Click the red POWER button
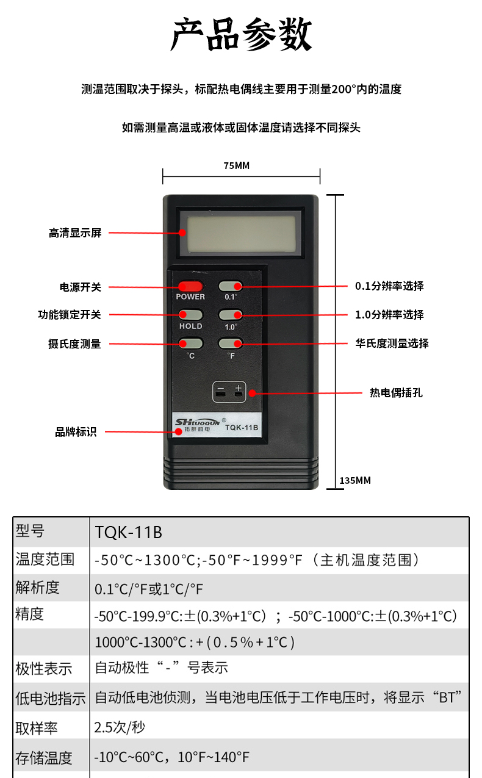click(190, 287)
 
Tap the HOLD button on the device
click(190, 315)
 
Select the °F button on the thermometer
click(230, 344)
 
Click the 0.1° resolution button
click(230, 286)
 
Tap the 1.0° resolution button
click(230, 315)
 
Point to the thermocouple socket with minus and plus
click(229, 392)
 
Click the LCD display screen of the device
click(241, 233)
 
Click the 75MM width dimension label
click(237, 166)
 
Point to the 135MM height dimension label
click(355, 480)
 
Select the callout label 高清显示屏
click(75, 233)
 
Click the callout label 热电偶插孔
click(396, 393)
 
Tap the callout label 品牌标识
click(76, 432)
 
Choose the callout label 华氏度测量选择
click(392, 344)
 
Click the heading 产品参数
click(241, 34)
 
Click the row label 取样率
click(37, 728)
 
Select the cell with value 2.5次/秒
click(120, 727)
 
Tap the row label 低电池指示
click(51, 698)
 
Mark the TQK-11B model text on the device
click(242, 428)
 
